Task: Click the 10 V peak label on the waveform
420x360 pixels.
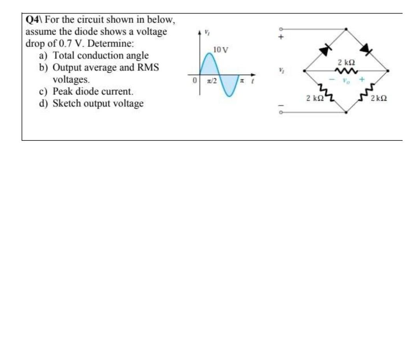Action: (x=221, y=50)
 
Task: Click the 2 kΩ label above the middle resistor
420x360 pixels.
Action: (x=346, y=63)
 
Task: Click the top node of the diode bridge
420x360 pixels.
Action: (x=346, y=29)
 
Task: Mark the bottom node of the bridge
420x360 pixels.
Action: (x=346, y=112)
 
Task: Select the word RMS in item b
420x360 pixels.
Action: (x=148, y=67)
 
